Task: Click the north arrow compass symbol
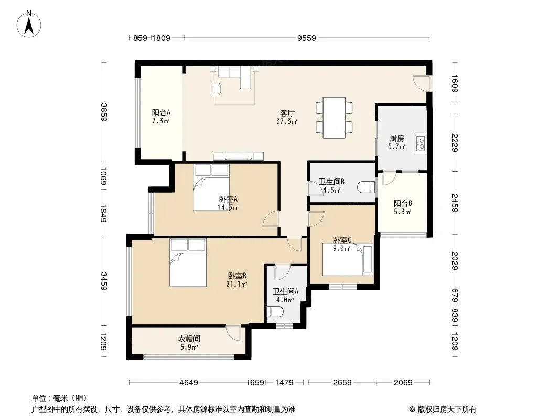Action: [x=29, y=24]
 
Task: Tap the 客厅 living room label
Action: [x=287, y=113]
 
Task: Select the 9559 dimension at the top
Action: [x=307, y=38]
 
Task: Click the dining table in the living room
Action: [x=334, y=118]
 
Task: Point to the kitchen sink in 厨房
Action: [x=421, y=143]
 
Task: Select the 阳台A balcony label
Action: [x=161, y=112]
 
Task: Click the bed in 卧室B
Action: [x=188, y=262]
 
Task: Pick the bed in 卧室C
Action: [x=348, y=259]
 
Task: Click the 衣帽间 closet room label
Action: [x=189, y=339]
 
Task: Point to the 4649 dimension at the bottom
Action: [x=189, y=383]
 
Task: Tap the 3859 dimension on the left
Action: [x=104, y=112]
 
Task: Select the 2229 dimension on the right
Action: [x=455, y=142]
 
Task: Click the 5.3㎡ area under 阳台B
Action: [x=403, y=212]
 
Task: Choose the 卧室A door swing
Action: [x=271, y=218]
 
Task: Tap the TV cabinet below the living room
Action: [x=238, y=156]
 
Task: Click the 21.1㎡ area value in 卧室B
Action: [x=236, y=285]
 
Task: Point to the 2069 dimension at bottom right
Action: [x=403, y=383]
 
